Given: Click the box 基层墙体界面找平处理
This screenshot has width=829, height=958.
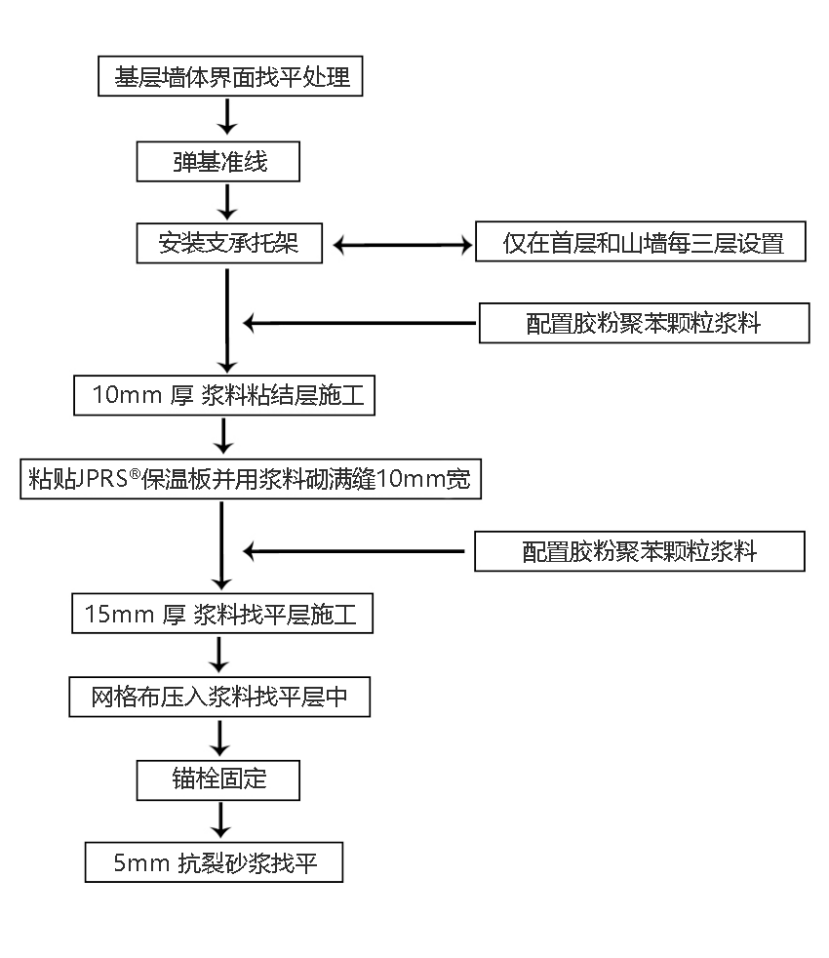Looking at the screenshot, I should pyautogui.click(x=231, y=76).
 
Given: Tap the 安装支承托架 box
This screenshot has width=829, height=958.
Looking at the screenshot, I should pyautogui.click(x=228, y=243).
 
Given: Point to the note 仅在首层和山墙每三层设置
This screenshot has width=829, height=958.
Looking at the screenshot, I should pyautogui.click(x=642, y=242).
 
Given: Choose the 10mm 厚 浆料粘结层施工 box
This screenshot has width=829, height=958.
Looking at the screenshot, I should pyautogui.click(x=224, y=395).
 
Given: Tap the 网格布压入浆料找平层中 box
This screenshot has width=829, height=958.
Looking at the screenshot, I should pyautogui.click(x=219, y=699).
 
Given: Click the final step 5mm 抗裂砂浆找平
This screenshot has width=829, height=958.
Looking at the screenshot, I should pyautogui.click(x=214, y=862).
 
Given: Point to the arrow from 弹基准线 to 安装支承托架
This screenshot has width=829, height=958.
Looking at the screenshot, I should pyautogui.click(x=227, y=202).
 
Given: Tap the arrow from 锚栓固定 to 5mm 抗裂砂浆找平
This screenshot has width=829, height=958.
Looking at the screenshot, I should pyautogui.click(x=222, y=820).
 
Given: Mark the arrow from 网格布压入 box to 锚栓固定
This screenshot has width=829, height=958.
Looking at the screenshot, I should pyautogui.click(x=222, y=738).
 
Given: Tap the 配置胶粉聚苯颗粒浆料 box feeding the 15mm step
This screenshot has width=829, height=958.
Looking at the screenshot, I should pyautogui.click(x=640, y=552).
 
